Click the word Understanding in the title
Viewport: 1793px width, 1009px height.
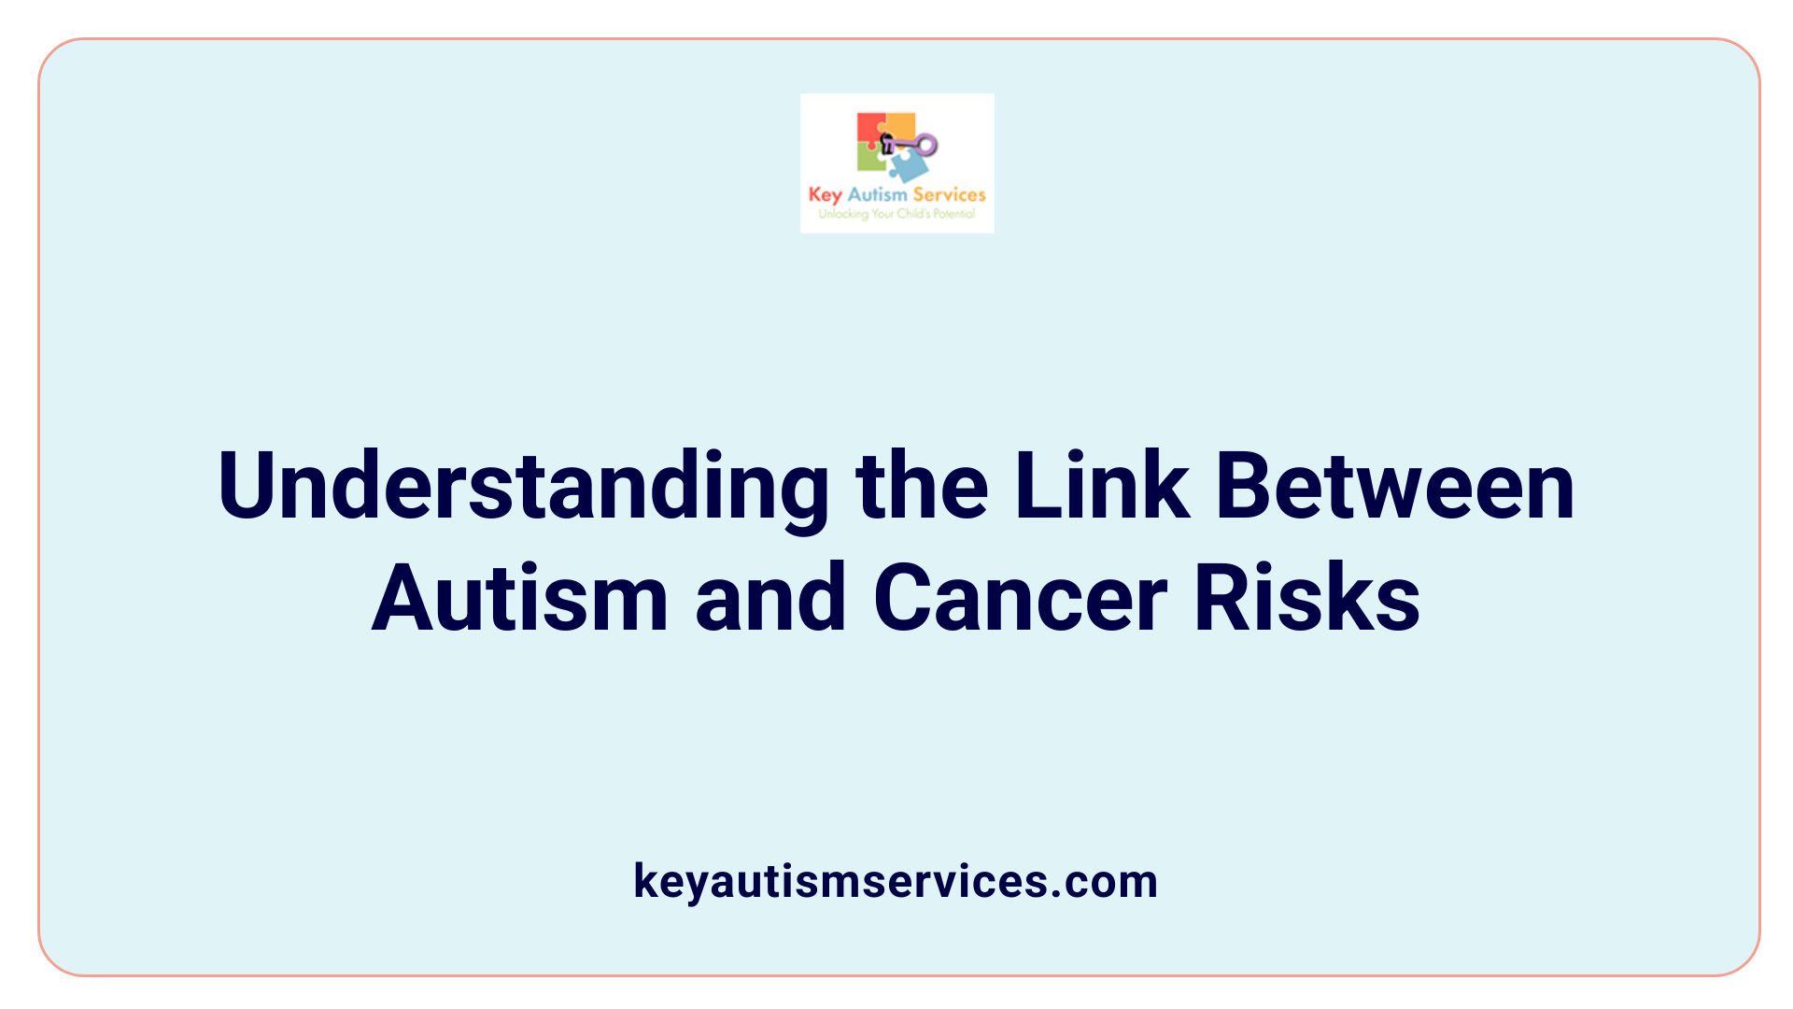(523, 488)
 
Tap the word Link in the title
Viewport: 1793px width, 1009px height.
(1102, 486)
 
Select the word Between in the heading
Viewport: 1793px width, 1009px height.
(1395, 486)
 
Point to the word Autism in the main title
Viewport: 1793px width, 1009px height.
(520, 598)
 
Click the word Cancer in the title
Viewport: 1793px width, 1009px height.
(1021, 598)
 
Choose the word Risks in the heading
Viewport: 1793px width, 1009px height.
(1307, 598)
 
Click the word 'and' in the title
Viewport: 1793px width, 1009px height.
(770, 598)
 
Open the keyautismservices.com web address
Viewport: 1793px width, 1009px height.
(896, 881)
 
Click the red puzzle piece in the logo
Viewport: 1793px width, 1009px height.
(869, 128)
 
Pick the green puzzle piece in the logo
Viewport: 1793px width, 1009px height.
(869, 158)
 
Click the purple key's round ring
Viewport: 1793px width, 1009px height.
(927, 144)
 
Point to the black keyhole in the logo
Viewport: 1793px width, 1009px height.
(887, 143)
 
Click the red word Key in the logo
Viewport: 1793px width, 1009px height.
(825, 194)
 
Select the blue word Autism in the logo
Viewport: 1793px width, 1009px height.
(877, 194)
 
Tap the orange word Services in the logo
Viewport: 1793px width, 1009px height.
(949, 194)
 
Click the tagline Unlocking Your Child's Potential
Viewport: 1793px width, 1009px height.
(896, 214)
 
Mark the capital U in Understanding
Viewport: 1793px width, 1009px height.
(246, 486)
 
